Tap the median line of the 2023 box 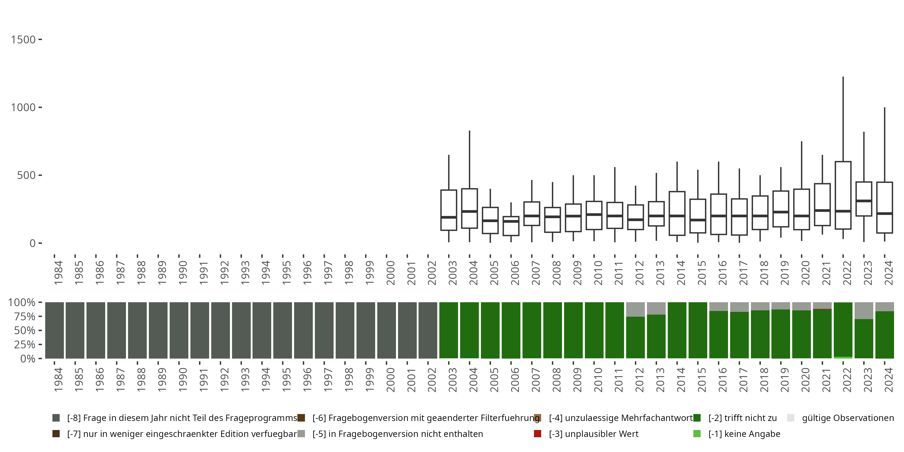tap(864, 201)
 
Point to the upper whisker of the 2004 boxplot tap(469, 160)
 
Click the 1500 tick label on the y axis tap(23, 40)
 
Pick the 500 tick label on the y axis tap(26, 175)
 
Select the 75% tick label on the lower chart tap(21, 316)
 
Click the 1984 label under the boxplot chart tap(58, 273)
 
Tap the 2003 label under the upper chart tap(453, 273)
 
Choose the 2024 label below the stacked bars tap(889, 380)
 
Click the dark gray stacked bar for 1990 tap(179, 330)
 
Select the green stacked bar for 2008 tap(552, 330)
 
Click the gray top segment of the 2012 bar tap(636, 309)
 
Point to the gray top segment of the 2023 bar tap(864, 310)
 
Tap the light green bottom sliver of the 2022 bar tap(843, 358)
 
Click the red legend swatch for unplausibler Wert tap(537, 434)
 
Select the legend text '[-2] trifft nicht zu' tap(742, 418)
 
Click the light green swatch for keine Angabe tap(697, 434)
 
